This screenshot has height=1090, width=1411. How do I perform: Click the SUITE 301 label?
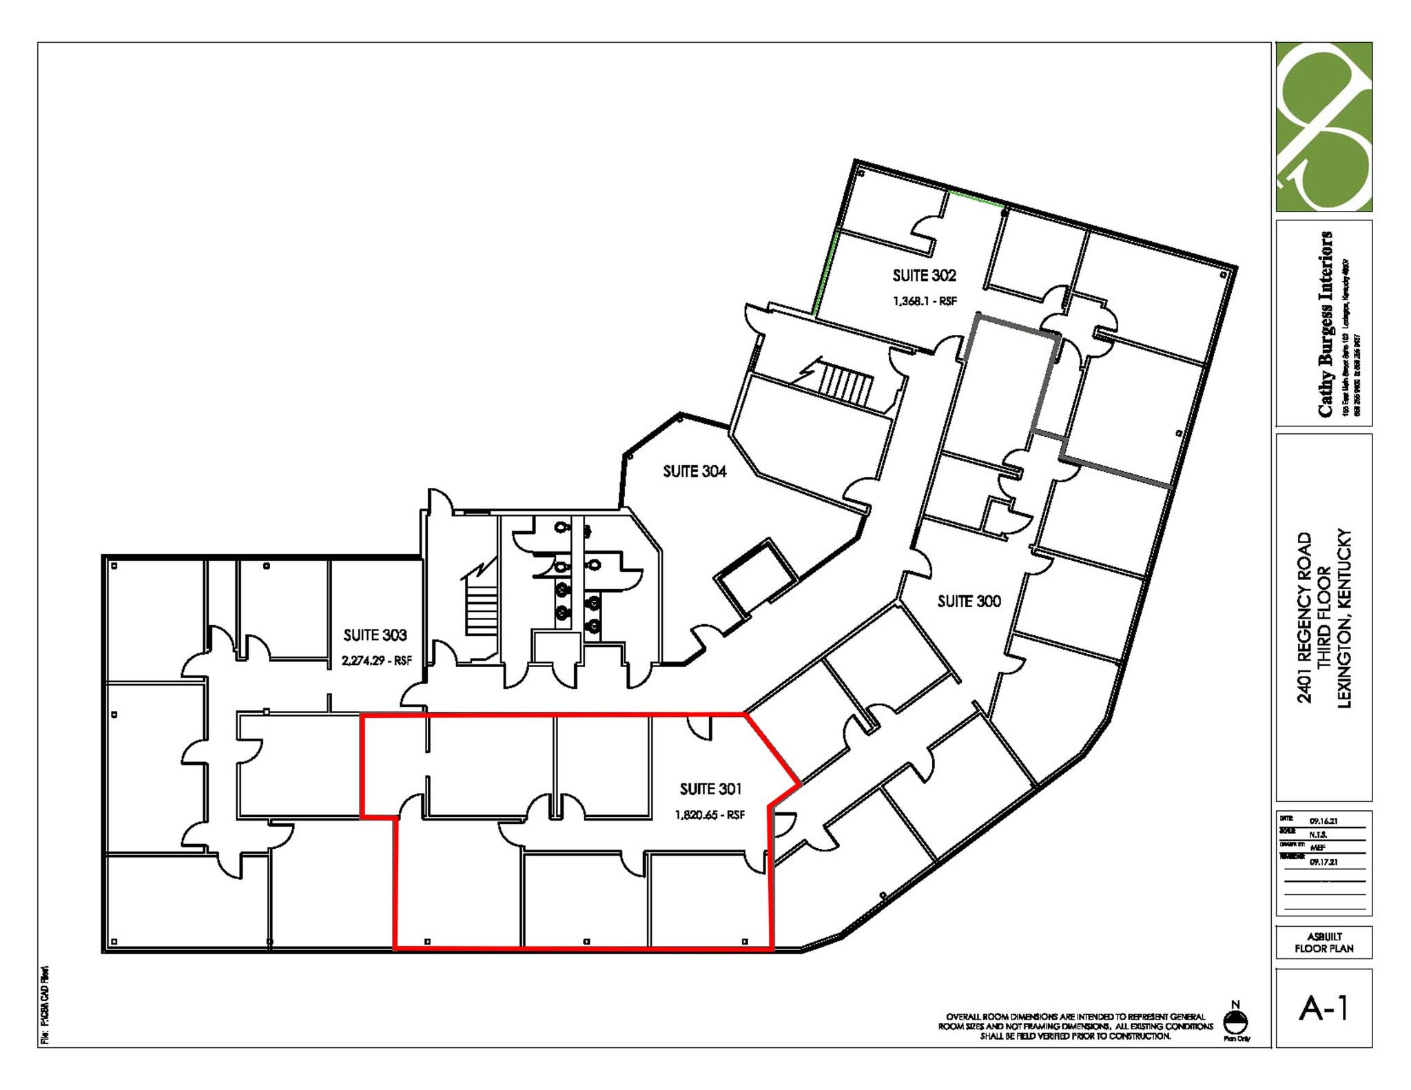710,789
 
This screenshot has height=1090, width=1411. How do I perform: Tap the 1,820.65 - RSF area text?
710,815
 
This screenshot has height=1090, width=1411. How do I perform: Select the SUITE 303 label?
375,635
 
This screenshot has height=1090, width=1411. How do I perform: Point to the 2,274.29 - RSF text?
376,661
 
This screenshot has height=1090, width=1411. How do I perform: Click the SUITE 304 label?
694,471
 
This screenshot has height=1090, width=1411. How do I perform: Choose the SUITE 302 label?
924,276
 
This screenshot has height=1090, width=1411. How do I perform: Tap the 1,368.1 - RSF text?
925,301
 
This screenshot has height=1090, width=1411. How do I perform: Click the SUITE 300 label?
969,601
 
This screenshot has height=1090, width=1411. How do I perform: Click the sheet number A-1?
1323,1009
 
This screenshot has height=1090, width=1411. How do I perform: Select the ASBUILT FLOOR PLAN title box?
1324,943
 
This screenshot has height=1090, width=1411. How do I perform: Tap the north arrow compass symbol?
1235,1021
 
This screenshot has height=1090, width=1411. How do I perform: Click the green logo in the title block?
1324,127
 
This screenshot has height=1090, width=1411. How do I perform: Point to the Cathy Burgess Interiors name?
1325,324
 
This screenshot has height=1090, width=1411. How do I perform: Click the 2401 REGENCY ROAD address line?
1304,617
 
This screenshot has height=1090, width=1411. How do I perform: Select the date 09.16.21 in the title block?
1324,821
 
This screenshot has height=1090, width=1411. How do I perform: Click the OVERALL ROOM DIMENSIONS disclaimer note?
1075,1026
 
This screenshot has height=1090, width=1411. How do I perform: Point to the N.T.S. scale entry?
1318,834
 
